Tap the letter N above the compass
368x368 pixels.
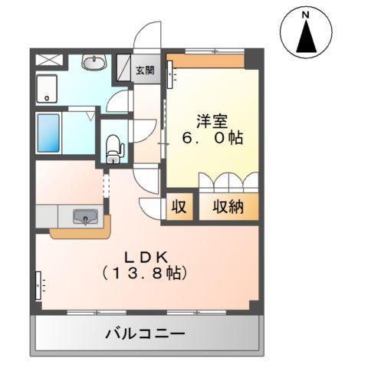[305, 14]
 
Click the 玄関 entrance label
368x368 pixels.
[144, 71]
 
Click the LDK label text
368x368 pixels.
[150, 255]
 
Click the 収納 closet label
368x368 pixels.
[228, 207]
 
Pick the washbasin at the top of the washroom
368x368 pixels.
[94, 62]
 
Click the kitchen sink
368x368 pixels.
[84, 218]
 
